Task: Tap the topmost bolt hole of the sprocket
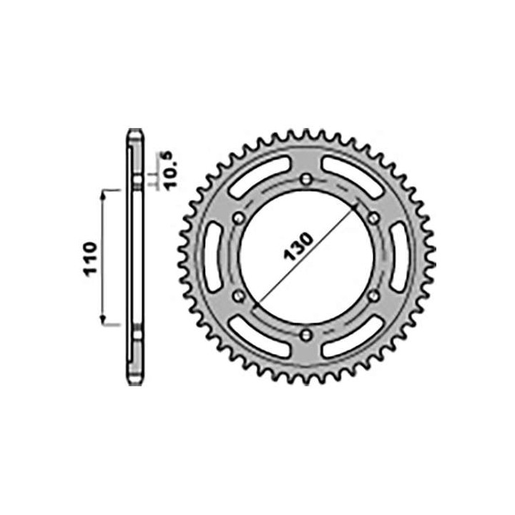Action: (x=307, y=179)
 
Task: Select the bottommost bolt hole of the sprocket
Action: (x=307, y=333)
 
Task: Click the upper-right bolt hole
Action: (x=373, y=217)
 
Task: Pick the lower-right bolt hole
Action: (x=373, y=295)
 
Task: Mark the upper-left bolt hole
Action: (x=240, y=217)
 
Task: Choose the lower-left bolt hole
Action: (x=240, y=295)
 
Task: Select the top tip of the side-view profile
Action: (x=134, y=131)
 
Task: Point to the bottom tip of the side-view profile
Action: (x=134, y=382)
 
